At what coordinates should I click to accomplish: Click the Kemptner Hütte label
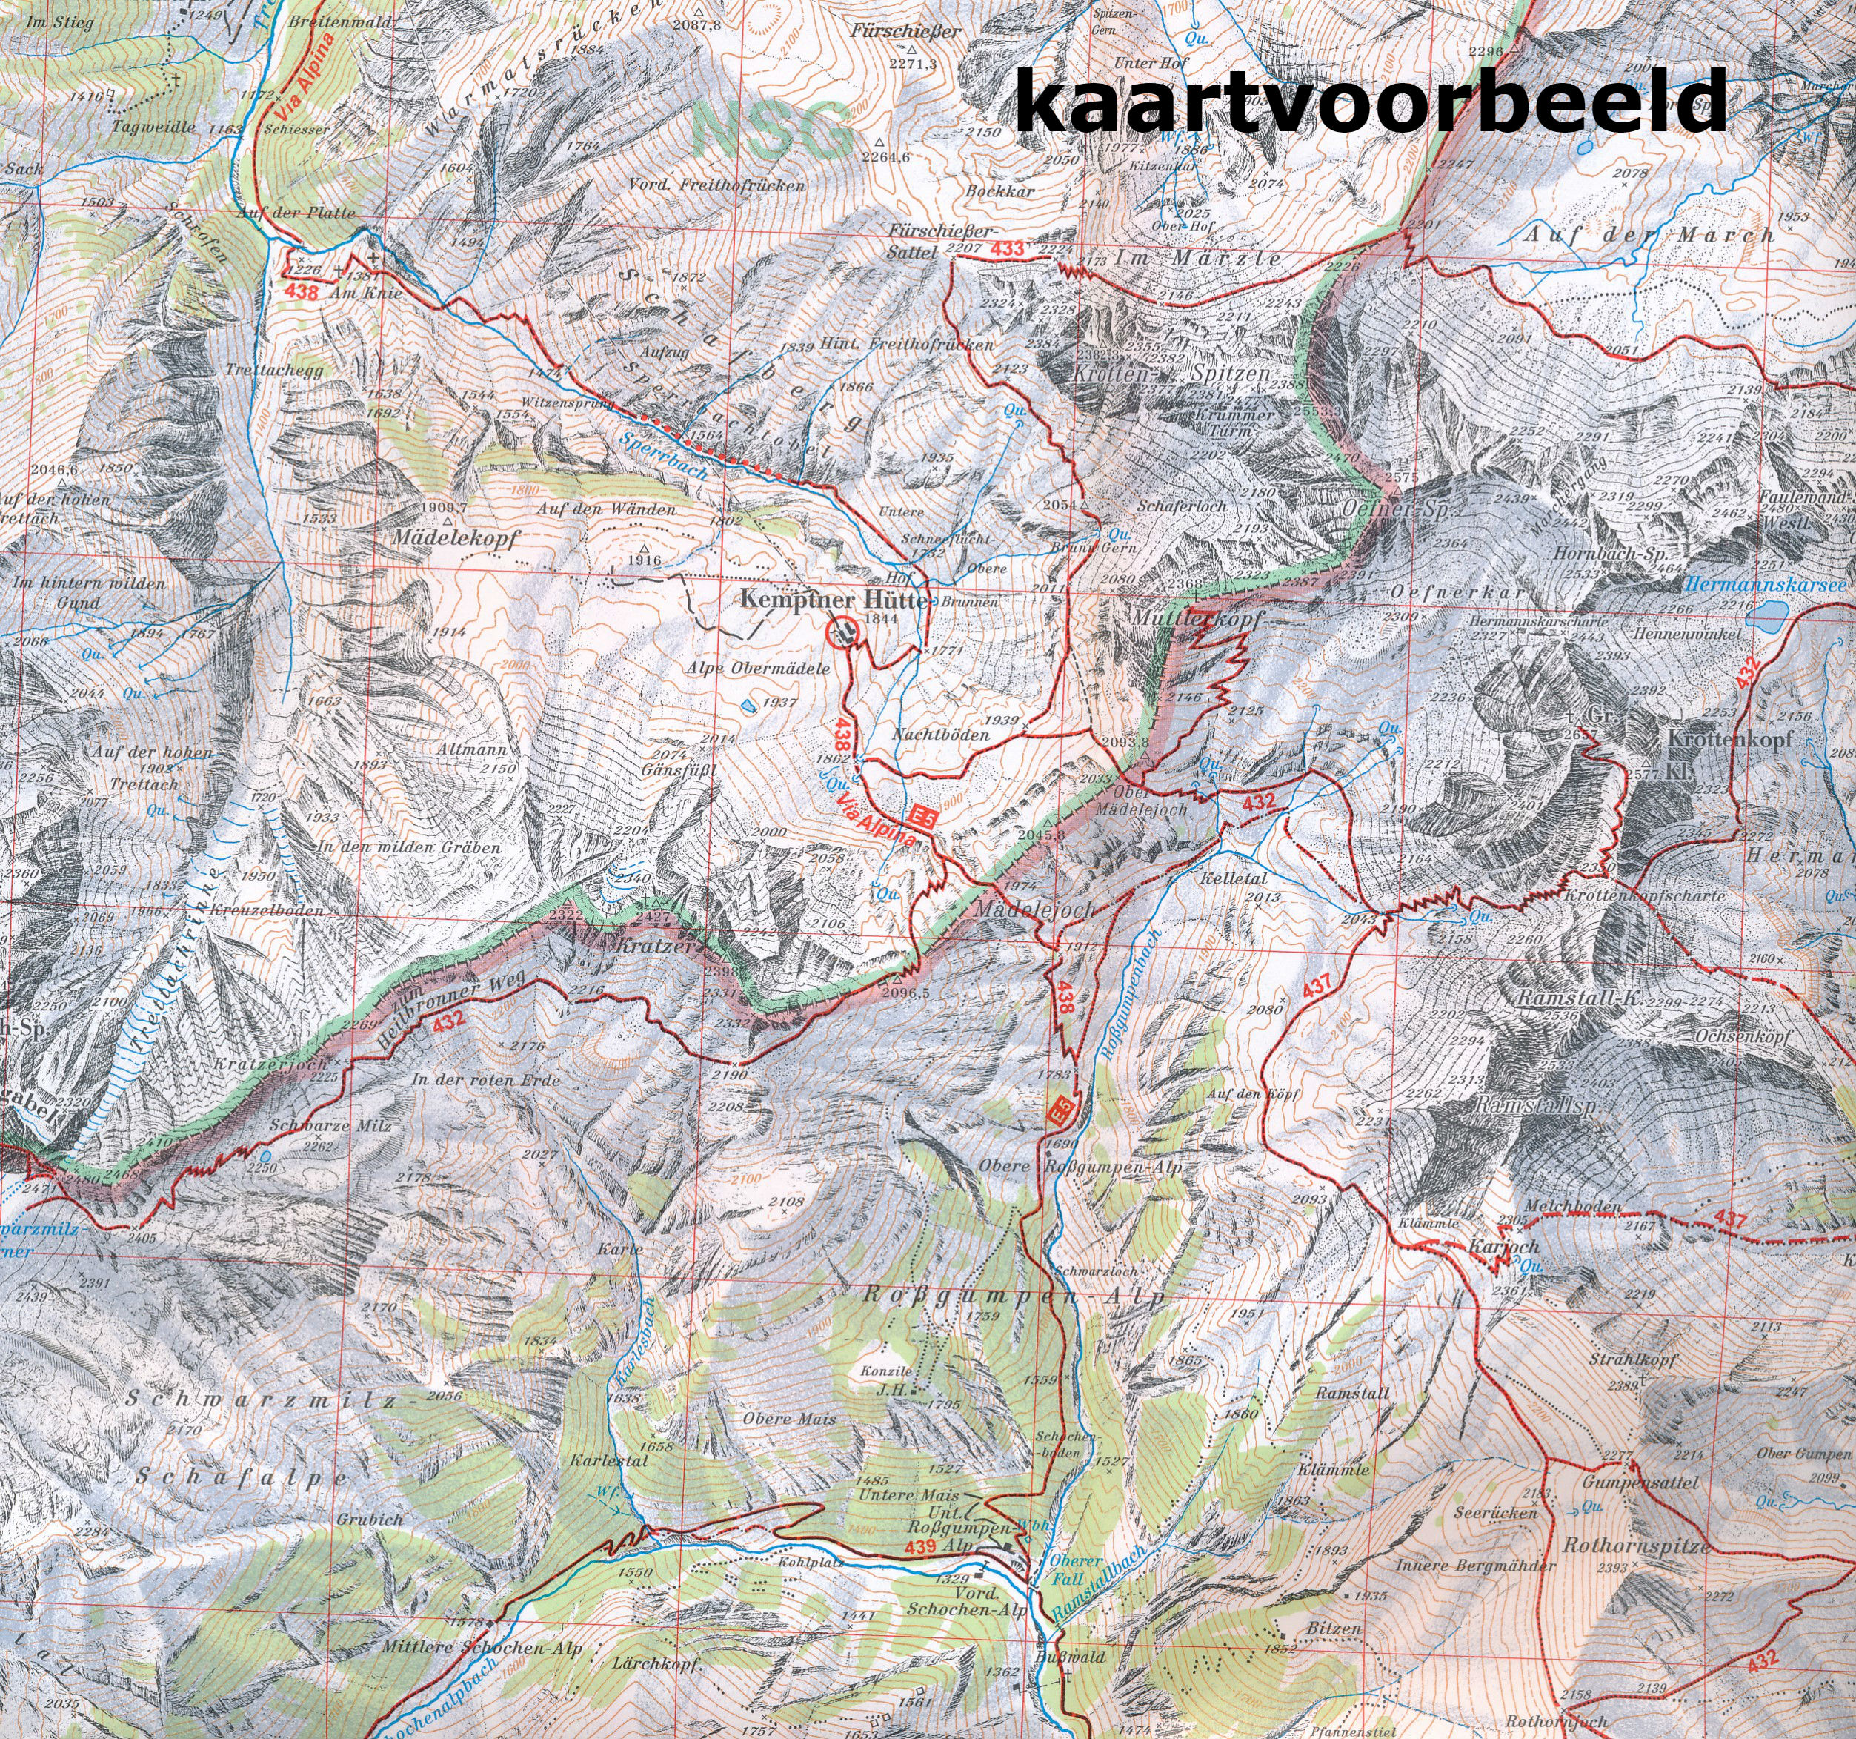(x=833, y=599)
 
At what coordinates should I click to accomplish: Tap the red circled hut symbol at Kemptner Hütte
(x=844, y=633)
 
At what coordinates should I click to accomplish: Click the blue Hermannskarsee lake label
(x=1766, y=586)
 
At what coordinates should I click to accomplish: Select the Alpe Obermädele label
(x=757, y=669)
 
